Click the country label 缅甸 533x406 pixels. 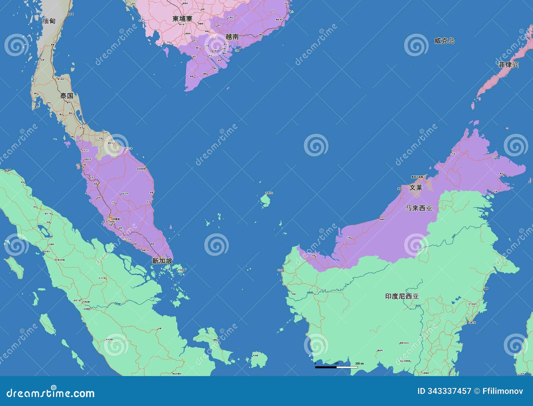click(x=49, y=21)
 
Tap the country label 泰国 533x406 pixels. click(x=67, y=96)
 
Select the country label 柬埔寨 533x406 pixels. click(x=182, y=19)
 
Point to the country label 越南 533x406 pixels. click(x=232, y=37)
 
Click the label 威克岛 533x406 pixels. click(x=444, y=41)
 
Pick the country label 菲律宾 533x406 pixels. click(x=508, y=65)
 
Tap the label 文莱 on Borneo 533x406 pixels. click(x=416, y=188)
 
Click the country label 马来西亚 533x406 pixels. click(x=419, y=208)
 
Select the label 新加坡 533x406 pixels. click(x=162, y=261)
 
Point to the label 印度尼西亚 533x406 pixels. click(x=402, y=296)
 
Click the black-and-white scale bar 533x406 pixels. click(x=336, y=367)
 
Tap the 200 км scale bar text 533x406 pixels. click(x=359, y=363)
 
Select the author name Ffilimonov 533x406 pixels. click(x=503, y=391)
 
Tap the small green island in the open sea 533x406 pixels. click(x=266, y=200)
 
